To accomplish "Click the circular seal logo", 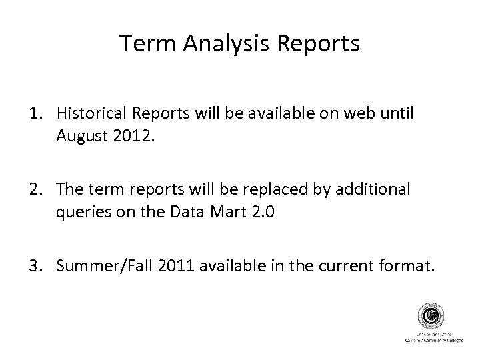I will click(428, 315).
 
